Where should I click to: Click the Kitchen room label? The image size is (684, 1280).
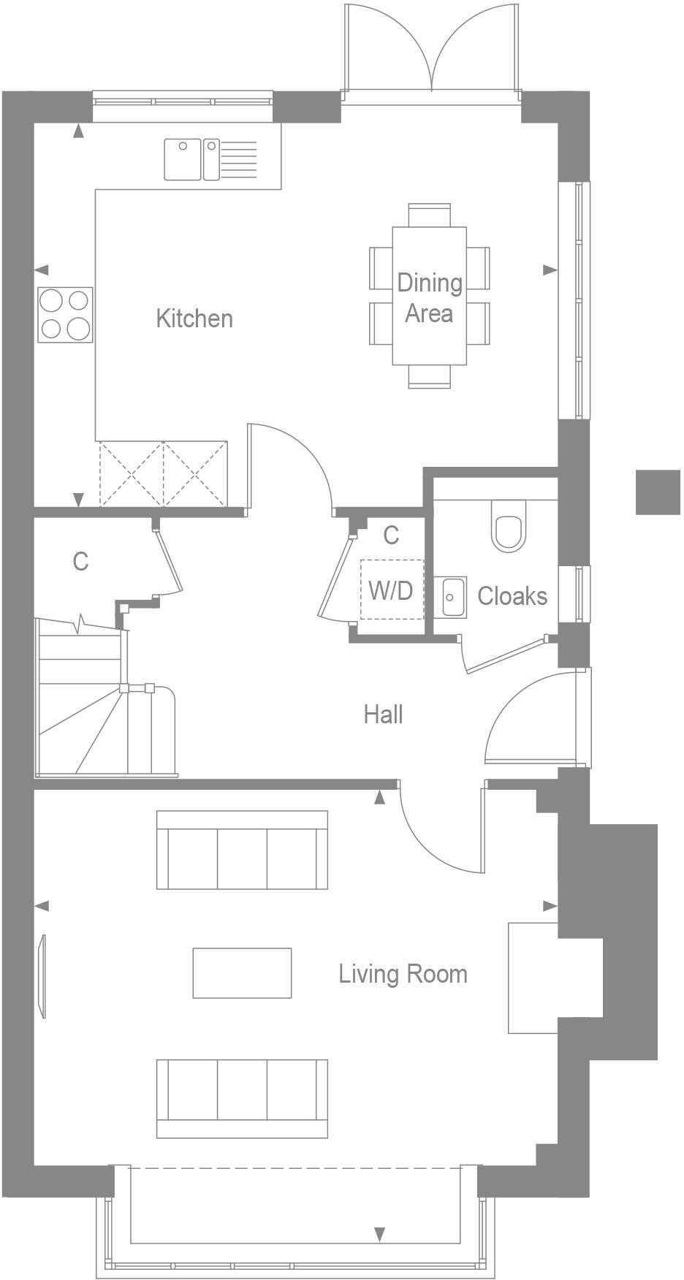194,319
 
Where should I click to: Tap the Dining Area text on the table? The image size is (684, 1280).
430,297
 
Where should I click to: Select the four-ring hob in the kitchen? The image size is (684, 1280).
65,315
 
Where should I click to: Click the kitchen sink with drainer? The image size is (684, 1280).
210,159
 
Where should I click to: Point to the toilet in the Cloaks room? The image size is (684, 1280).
509,525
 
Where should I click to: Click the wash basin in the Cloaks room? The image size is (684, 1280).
454,597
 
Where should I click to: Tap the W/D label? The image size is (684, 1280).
390,590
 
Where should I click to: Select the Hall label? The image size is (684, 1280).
383,715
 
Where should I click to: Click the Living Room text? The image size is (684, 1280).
403,974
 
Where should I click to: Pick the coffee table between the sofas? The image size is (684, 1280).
242,973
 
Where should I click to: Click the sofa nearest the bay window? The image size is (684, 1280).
242,1098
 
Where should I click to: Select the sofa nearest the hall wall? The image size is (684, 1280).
242,850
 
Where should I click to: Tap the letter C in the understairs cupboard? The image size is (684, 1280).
80,561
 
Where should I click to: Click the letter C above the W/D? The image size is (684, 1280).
391,536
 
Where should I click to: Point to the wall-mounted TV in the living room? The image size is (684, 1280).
42,976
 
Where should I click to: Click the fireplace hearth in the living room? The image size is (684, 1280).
533,978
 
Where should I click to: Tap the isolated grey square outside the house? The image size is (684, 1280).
657,492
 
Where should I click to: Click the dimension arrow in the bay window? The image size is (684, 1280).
379,1235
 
